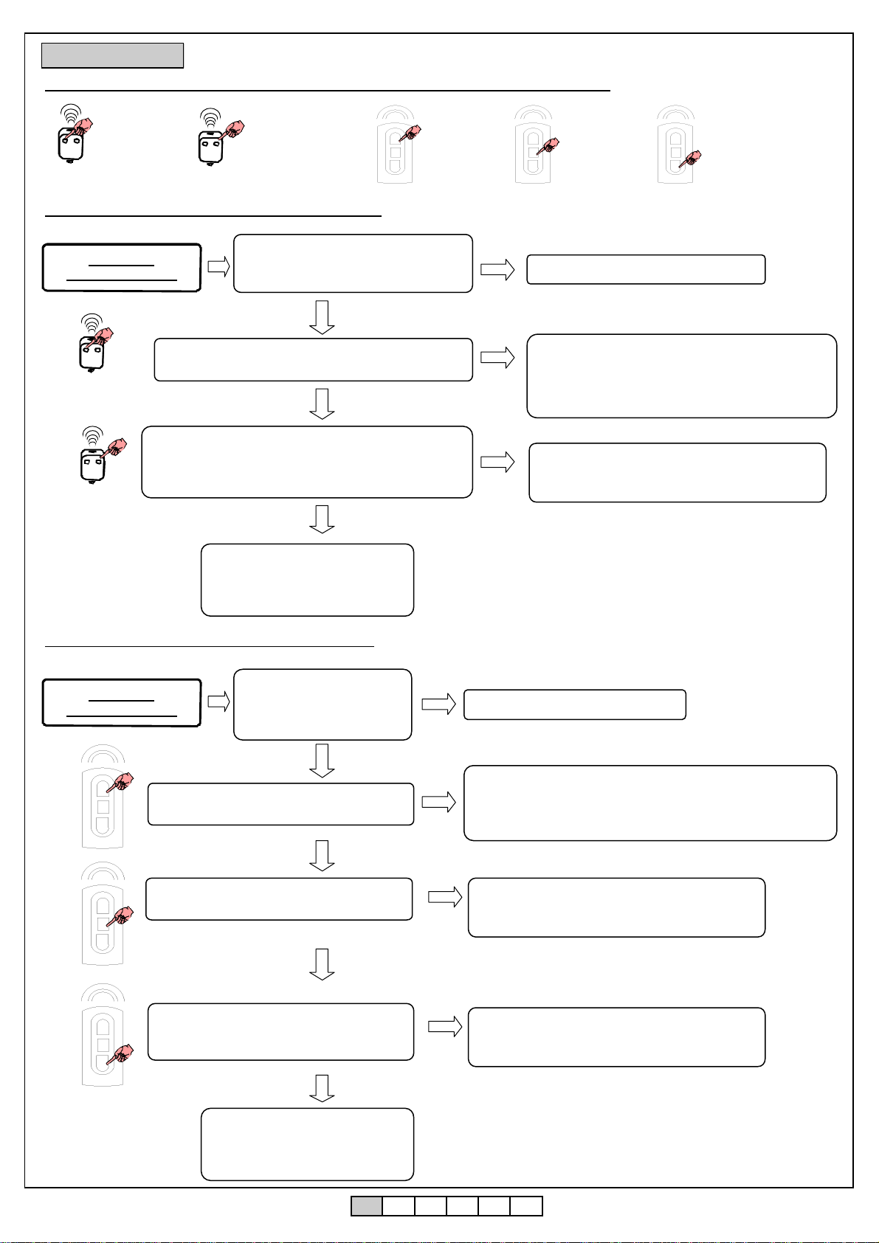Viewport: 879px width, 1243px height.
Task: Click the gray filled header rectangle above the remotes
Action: (x=112, y=55)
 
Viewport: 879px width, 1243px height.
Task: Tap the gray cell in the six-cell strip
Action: (x=366, y=1205)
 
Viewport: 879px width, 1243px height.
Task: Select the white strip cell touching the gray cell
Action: (x=399, y=1205)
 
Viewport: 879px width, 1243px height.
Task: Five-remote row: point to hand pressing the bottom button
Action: (x=690, y=157)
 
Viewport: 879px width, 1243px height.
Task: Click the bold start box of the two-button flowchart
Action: (x=122, y=268)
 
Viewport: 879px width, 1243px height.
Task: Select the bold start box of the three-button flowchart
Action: (x=122, y=702)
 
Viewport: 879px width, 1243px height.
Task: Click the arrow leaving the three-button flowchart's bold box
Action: (x=219, y=702)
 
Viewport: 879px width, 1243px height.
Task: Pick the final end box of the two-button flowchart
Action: (x=307, y=580)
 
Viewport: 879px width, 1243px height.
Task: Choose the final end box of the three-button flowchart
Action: (x=307, y=1143)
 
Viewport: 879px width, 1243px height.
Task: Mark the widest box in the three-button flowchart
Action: (x=649, y=803)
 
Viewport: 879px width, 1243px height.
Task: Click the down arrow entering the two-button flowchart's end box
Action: (x=322, y=519)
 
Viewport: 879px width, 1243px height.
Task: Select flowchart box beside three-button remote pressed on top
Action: (x=280, y=803)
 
